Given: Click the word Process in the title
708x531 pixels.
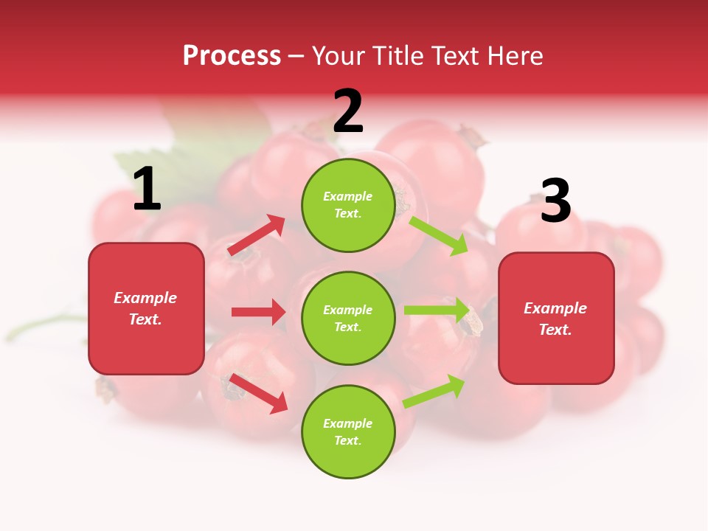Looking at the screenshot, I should [x=232, y=55].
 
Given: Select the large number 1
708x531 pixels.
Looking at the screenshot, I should [x=147, y=190].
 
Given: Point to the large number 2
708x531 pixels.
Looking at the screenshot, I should [x=348, y=112].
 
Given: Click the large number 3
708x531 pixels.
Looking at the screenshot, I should [x=555, y=201].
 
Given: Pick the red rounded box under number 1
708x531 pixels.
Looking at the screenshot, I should [x=146, y=308].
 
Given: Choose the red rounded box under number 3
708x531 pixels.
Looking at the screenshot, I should [x=556, y=319].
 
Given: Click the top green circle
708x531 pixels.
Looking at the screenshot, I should [x=348, y=205].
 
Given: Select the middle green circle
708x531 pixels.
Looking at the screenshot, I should [x=348, y=319].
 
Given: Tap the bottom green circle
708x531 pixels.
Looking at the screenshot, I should [x=348, y=432].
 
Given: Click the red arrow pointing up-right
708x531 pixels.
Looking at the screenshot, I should [x=257, y=235].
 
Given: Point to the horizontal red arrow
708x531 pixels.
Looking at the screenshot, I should [x=258, y=312].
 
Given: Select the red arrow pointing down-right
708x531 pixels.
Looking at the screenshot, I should [x=259, y=393].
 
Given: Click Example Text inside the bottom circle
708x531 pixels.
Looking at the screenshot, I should [x=348, y=432].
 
